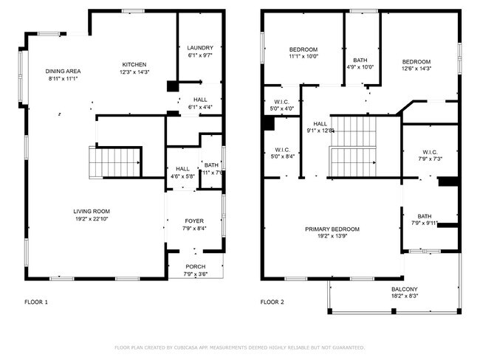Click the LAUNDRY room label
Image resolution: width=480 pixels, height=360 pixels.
[x=199, y=47]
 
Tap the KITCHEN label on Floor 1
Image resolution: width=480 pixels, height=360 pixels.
[x=134, y=64]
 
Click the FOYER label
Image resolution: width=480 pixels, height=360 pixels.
[x=194, y=221]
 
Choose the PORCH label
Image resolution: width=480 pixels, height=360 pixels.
[x=195, y=266]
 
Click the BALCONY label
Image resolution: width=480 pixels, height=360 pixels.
[x=404, y=288]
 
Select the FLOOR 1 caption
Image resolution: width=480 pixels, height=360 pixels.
[x=36, y=302]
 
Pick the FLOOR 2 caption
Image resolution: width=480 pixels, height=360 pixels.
[x=272, y=302]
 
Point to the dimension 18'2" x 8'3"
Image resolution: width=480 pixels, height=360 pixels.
[x=404, y=297]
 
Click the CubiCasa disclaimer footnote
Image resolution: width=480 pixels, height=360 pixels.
[x=239, y=347]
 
